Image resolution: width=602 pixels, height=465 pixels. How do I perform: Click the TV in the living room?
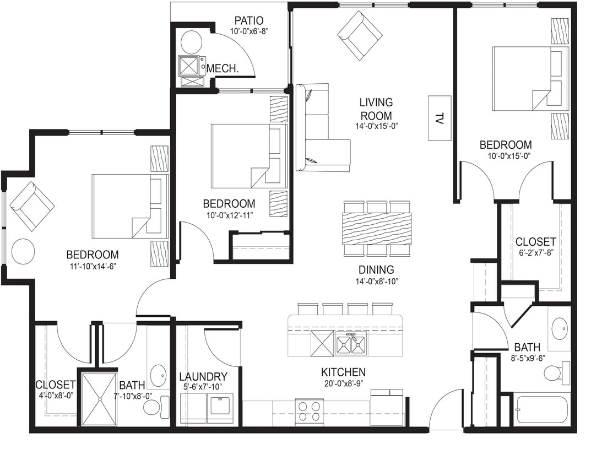point(440,118)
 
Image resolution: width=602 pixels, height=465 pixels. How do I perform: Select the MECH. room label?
point(223,69)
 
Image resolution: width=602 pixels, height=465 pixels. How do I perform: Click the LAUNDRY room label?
point(203,377)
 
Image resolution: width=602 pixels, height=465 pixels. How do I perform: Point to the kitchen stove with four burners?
point(310,411)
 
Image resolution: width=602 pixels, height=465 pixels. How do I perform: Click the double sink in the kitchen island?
point(351,344)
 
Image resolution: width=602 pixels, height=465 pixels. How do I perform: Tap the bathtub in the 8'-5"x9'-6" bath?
point(541,409)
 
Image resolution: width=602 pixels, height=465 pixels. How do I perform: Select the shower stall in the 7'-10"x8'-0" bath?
point(100,398)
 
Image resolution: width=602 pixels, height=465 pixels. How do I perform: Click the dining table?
point(377,228)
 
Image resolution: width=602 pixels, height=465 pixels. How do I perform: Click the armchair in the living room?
point(360,35)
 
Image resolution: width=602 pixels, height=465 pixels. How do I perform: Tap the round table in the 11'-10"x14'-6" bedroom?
point(23,251)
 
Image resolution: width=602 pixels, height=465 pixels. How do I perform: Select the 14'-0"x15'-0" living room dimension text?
point(376,125)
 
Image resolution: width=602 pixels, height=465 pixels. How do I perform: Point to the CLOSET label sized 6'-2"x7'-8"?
point(535,242)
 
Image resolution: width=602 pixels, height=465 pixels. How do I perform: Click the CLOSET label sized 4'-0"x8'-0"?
point(55,384)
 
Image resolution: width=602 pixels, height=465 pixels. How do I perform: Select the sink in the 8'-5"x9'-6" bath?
point(560,329)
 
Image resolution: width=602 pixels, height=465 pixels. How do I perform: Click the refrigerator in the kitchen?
point(387,407)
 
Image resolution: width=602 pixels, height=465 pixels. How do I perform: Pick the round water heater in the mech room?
point(192,42)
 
